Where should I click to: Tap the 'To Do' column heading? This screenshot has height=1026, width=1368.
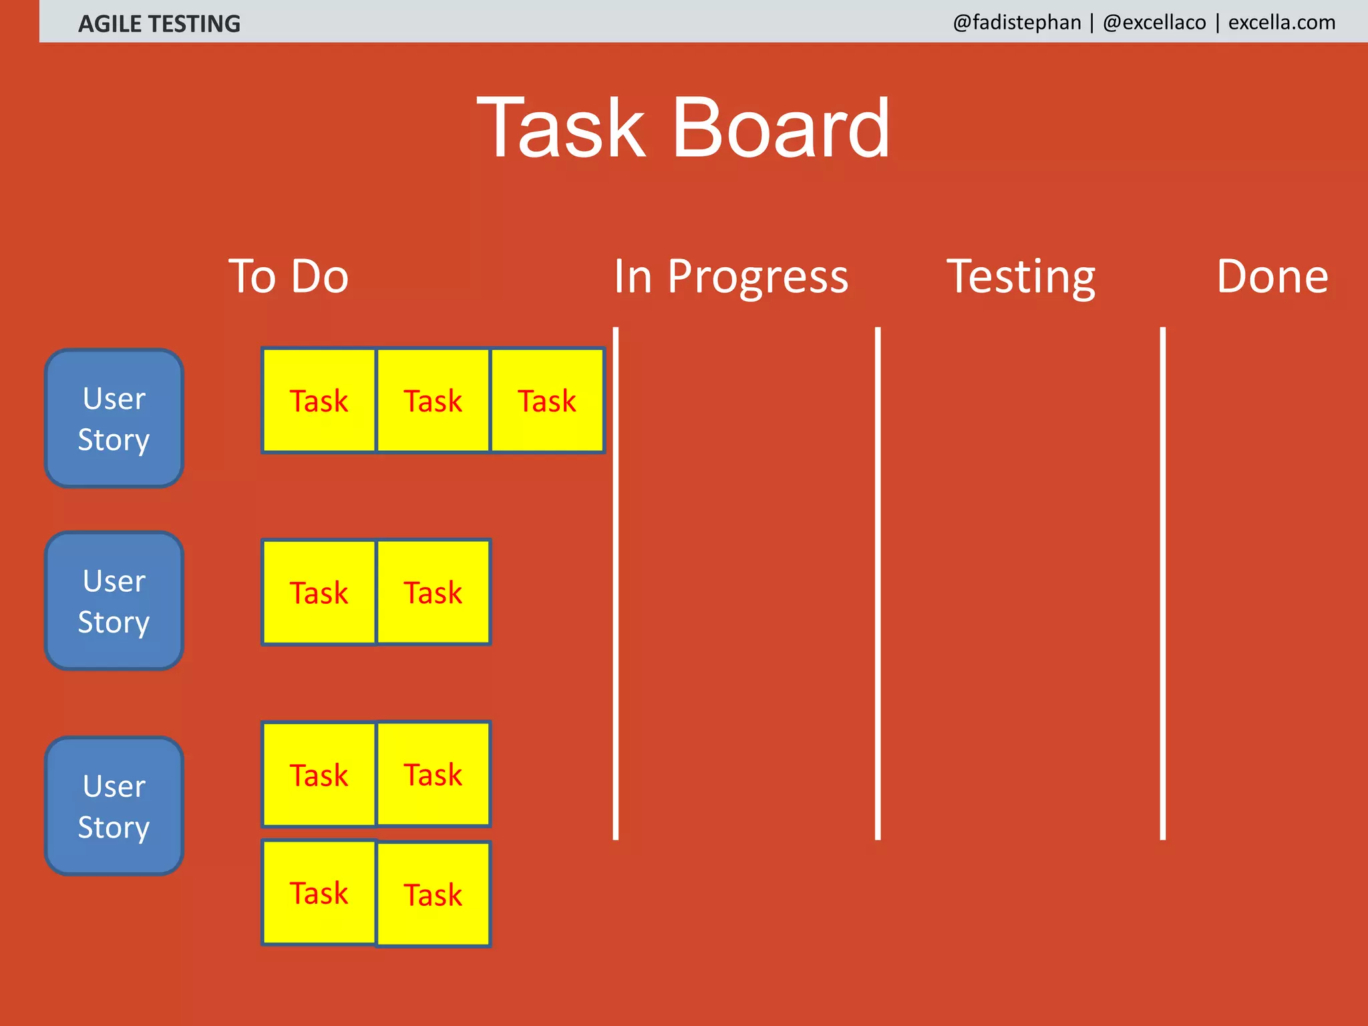pyautogui.click(x=289, y=277)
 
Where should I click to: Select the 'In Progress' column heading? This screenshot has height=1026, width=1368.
pyautogui.click(x=731, y=277)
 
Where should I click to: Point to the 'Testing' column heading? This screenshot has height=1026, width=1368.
pyautogui.click(x=1021, y=277)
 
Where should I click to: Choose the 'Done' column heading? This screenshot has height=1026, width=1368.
pyautogui.click(x=1272, y=277)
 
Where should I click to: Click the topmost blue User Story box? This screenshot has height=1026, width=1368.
pyautogui.click(x=114, y=419)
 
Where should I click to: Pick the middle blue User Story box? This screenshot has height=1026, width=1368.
pyautogui.click(x=114, y=601)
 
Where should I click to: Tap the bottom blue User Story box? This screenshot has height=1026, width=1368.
pyautogui.click(x=114, y=806)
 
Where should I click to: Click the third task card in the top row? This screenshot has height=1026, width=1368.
pyautogui.click(x=547, y=401)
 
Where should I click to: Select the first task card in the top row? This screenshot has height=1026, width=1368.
pyautogui.click(x=319, y=401)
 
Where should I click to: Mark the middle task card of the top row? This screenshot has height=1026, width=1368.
pyautogui.click(x=433, y=401)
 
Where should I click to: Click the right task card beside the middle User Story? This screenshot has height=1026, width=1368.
pyautogui.click(x=433, y=592)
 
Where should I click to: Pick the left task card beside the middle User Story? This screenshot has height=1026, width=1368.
pyautogui.click(x=319, y=592)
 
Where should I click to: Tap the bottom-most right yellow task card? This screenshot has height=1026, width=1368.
pyautogui.click(x=433, y=894)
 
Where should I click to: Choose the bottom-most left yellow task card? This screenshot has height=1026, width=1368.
pyautogui.click(x=319, y=892)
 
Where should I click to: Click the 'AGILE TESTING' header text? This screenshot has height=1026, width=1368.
pyautogui.click(x=159, y=24)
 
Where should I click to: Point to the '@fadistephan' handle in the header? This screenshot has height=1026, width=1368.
pyautogui.click(x=1017, y=23)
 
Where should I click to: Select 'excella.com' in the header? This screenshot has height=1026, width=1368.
pyautogui.click(x=1281, y=23)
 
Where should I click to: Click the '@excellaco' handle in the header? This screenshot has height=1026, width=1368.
pyautogui.click(x=1154, y=23)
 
